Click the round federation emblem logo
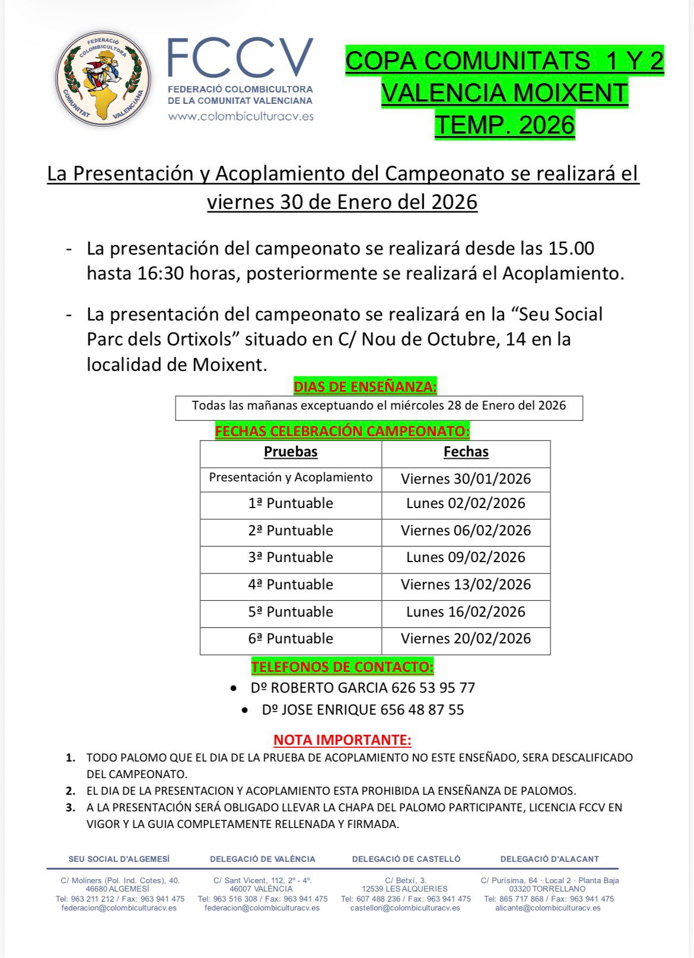click(x=103, y=78)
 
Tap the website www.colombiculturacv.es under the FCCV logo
click(x=241, y=116)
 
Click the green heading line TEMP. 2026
click(x=505, y=125)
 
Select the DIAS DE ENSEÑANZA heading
click(x=365, y=387)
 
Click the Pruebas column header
click(x=291, y=452)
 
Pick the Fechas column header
click(x=466, y=452)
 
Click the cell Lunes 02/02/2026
click(x=466, y=503)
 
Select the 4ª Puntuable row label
click(x=291, y=585)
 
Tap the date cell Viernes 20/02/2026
click(x=466, y=639)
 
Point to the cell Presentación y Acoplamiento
click(x=291, y=477)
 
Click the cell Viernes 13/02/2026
click(x=466, y=585)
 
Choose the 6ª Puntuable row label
click(x=291, y=639)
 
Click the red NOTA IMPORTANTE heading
click(x=342, y=740)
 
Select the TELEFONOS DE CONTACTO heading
click(x=342, y=667)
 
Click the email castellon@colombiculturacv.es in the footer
click(x=405, y=908)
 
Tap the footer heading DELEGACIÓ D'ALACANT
click(x=549, y=859)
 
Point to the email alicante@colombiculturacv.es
click(x=548, y=908)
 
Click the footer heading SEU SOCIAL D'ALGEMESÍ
click(x=119, y=859)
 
